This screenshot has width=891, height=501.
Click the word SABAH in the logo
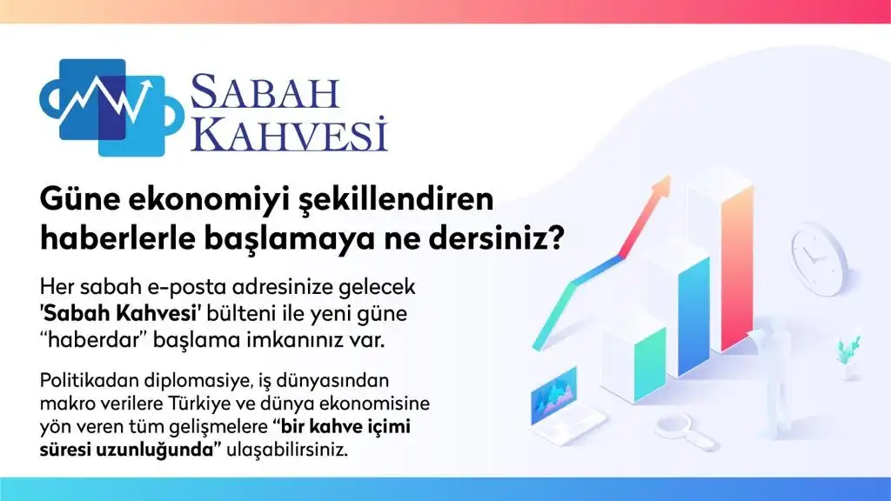click(x=265, y=91)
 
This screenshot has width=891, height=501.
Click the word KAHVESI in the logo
click(x=289, y=134)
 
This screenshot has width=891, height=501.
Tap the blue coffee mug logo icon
click(x=111, y=107)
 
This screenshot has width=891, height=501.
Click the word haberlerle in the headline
click(x=117, y=238)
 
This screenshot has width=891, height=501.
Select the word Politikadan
click(x=90, y=380)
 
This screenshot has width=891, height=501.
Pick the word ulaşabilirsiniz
click(x=287, y=451)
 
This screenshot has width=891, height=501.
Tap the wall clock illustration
click(x=819, y=258)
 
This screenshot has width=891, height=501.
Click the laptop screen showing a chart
click(x=553, y=395)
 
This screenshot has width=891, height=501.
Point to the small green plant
click(x=847, y=351)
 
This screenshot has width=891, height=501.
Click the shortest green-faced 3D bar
click(x=649, y=366)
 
